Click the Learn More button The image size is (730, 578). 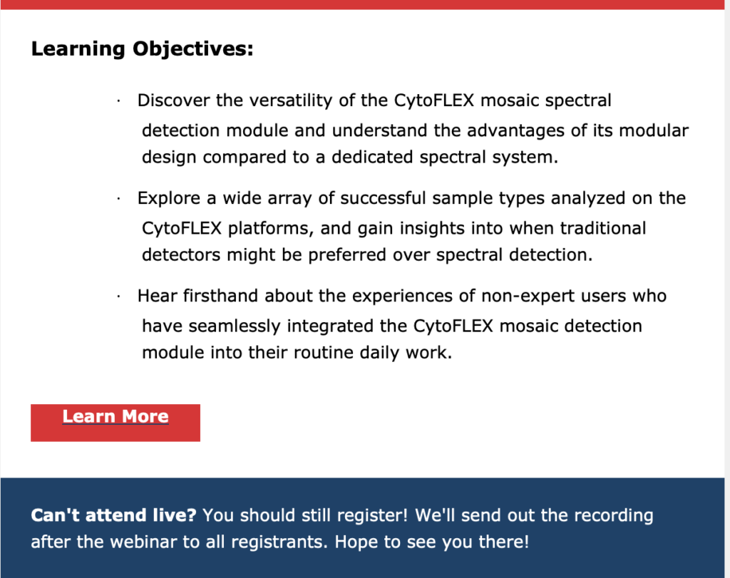[x=115, y=423]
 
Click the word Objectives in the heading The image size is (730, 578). [x=192, y=49]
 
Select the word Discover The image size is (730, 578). [x=173, y=100]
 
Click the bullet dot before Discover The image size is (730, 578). [x=119, y=101]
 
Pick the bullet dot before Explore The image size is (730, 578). [x=119, y=199]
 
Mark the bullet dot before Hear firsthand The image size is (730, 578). [x=119, y=296]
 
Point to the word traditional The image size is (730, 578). [x=603, y=229]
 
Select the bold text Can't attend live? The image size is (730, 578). [x=113, y=516]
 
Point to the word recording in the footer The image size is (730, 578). [x=614, y=516]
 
